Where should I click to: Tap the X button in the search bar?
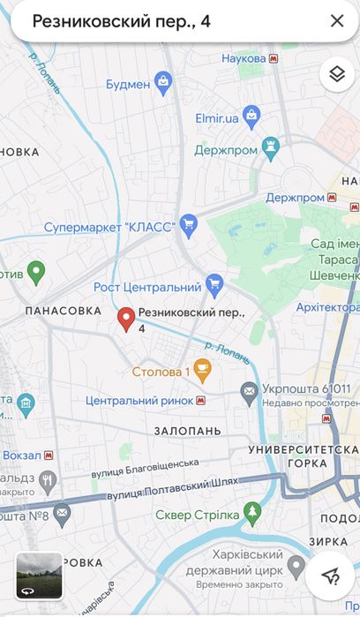(336, 21)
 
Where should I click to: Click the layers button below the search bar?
(335, 74)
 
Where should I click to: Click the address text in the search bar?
(122, 21)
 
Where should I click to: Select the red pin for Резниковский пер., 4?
(126, 320)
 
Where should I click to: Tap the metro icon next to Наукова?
(274, 58)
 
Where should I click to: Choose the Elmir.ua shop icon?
(251, 114)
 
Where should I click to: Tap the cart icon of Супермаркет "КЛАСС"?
(187, 225)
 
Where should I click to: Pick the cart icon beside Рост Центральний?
(214, 284)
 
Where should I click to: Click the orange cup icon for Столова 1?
(202, 371)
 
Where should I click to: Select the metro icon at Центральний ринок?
(202, 401)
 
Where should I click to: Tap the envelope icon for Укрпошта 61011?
(250, 389)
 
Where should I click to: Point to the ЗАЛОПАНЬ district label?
(187, 431)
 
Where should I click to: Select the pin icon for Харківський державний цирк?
(296, 565)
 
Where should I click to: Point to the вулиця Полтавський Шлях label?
(162, 490)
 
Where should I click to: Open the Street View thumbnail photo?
(39, 576)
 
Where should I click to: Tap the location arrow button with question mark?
(331, 576)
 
